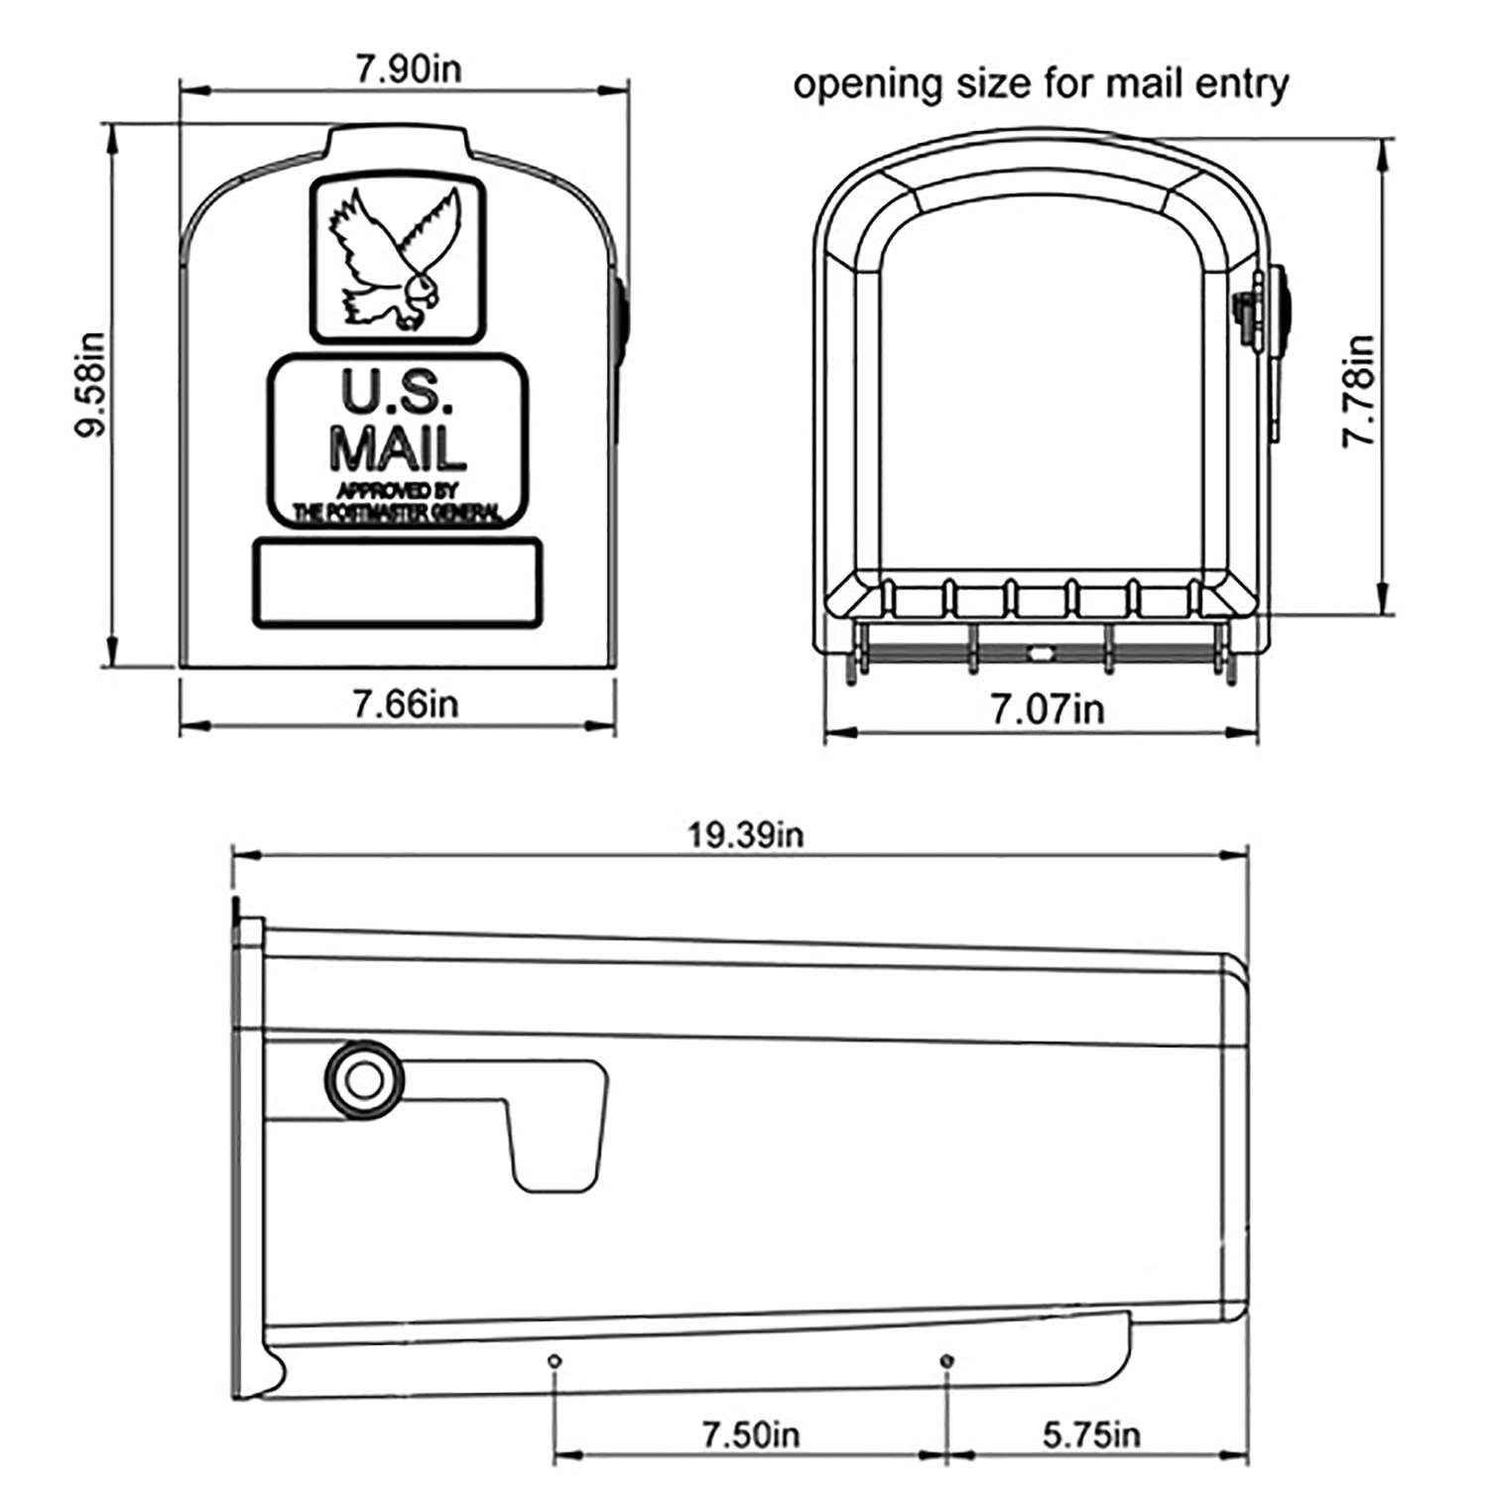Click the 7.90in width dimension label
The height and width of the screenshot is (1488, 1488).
tap(408, 70)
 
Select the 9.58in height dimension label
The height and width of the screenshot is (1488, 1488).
tap(91, 385)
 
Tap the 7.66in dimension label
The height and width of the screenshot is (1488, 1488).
tap(406, 704)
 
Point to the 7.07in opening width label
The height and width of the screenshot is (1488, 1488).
tap(1047, 709)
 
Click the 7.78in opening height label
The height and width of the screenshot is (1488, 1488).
tap(1358, 391)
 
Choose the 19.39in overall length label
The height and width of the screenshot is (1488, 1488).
tap(746, 834)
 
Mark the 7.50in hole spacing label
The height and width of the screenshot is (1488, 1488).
tap(750, 1434)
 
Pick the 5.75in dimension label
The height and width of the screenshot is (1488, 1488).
tap(1091, 1434)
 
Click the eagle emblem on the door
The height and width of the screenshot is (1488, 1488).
tap(398, 260)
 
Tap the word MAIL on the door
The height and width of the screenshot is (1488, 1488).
tap(398, 447)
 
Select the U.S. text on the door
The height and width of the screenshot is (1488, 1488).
tap(398, 393)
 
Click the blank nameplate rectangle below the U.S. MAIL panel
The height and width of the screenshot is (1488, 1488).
tap(398, 583)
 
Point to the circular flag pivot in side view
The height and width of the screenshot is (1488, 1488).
tap(365, 1079)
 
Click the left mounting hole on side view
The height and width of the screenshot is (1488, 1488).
tap(555, 1361)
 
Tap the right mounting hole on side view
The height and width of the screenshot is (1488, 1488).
tap(947, 1359)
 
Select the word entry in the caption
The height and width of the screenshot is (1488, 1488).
tap(1241, 85)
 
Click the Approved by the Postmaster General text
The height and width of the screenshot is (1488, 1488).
tap(398, 502)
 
